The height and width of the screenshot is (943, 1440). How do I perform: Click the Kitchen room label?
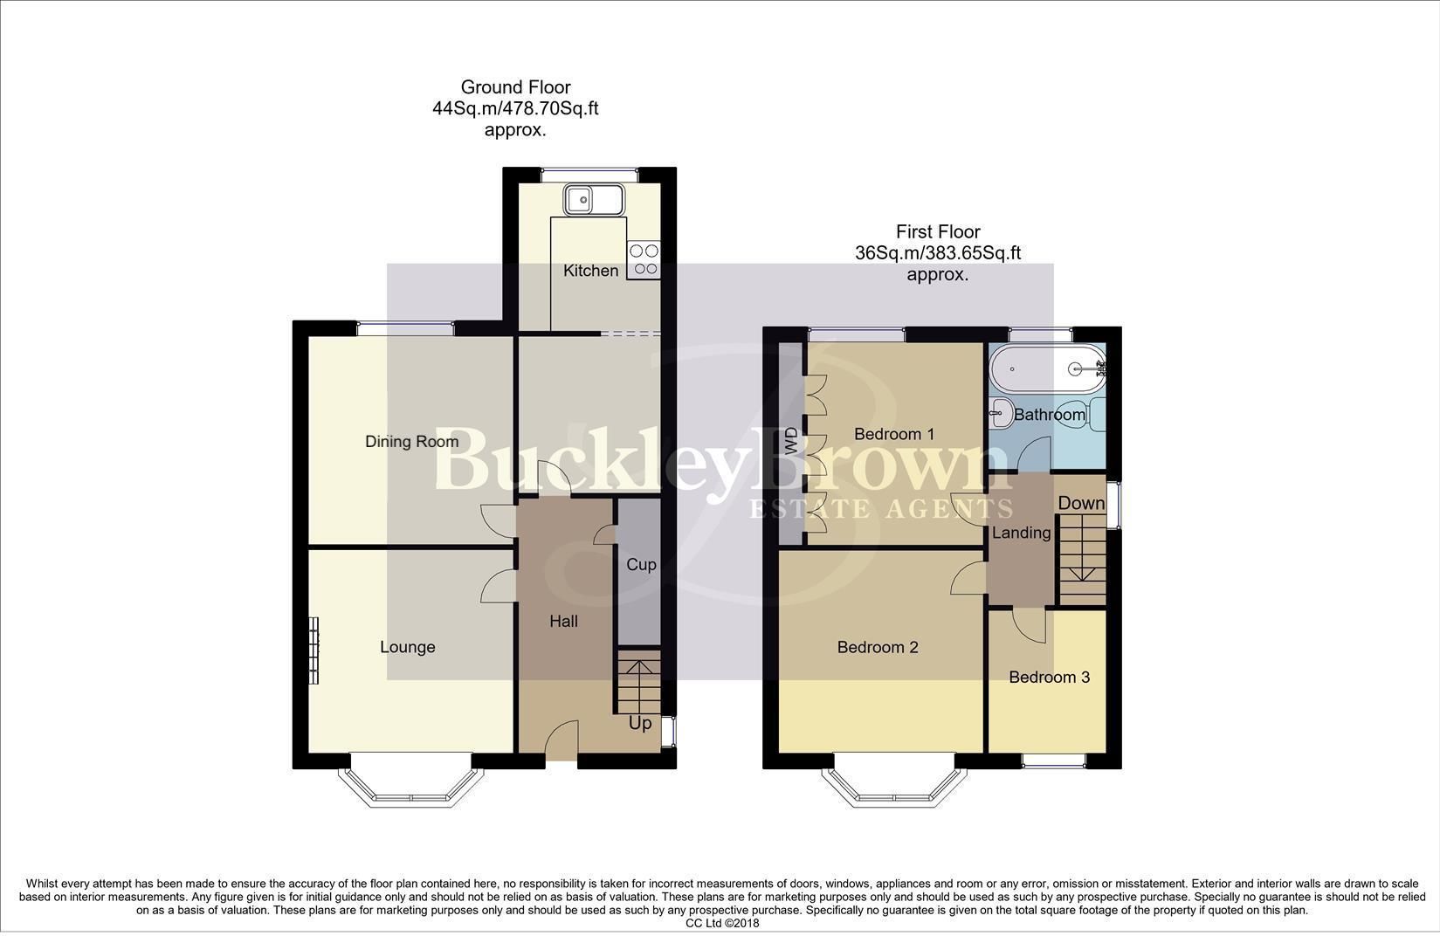(590, 271)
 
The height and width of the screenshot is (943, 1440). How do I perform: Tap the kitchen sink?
(593, 200)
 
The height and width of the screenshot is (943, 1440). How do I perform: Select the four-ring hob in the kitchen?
(644, 259)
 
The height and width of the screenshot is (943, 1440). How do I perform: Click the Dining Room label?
(411, 442)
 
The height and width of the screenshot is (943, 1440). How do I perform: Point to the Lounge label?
(407, 647)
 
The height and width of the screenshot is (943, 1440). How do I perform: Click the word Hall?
(563, 622)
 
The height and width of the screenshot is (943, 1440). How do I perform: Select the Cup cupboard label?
(641, 565)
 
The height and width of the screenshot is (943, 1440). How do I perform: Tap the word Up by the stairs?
(640, 724)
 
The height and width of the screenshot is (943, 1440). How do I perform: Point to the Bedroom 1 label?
(894, 434)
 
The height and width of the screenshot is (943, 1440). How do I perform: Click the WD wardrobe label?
(792, 442)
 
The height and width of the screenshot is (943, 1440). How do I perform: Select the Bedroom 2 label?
(878, 647)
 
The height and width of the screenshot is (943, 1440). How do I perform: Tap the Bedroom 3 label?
(1049, 678)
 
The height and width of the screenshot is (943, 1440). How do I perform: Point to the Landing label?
(1021, 533)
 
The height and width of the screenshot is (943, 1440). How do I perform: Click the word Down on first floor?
(1081, 503)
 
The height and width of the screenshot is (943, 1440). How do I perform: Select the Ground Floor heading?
(515, 87)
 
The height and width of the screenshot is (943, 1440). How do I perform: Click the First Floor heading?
(938, 231)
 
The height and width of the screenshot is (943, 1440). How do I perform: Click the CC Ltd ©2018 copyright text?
(722, 923)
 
